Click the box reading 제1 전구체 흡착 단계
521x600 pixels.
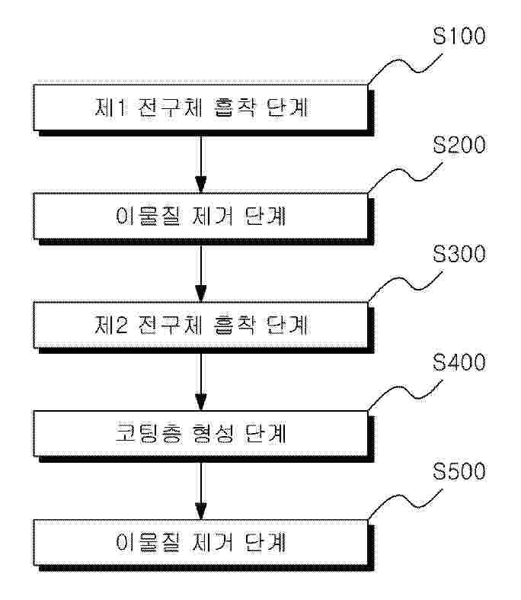point(200,108)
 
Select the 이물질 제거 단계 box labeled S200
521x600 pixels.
point(200,217)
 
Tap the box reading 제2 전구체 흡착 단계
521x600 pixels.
point(200,326)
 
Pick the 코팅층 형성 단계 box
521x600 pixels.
point(200,434)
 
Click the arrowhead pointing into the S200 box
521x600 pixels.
point(200,184)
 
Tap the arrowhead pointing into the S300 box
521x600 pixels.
point(200,293)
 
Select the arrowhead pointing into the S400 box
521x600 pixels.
point(200,402)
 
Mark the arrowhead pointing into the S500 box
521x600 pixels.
point(200,510)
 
